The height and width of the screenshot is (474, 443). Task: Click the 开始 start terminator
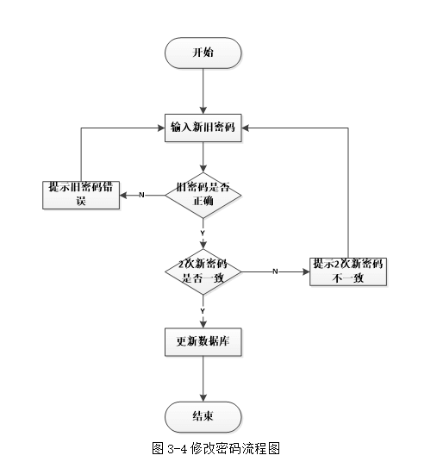pos(203,53)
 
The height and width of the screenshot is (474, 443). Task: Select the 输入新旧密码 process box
pos(203,127)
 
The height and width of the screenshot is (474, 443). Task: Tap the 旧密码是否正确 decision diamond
pos(203,194)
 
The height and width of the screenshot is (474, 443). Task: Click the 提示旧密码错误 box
pos(81,194)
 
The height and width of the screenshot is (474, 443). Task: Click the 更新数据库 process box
pos(203,342)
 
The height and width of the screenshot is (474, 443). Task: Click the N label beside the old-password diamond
pos(141,195)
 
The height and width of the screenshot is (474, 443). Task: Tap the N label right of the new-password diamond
pos(275,271)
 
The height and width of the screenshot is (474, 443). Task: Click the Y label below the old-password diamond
pos(203,233)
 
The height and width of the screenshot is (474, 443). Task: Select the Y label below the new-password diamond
pos(203,309)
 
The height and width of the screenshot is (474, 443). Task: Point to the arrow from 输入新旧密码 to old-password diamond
pos(203,155)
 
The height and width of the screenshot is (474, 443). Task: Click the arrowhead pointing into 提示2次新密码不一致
pos(306,271)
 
